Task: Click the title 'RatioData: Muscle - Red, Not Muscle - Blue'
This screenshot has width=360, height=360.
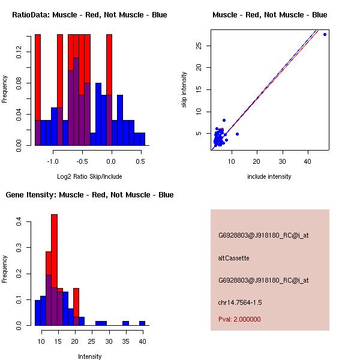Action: tap(89, 14)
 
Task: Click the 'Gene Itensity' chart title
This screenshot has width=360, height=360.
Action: tap(89, 195)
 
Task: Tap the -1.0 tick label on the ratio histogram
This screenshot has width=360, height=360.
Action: tap(53, 162)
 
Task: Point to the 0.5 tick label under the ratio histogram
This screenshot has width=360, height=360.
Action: tap(140, 162)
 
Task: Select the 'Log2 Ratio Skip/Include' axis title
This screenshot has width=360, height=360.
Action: tap(89, 176)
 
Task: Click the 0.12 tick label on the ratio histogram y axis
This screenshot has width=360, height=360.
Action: tap(20, 53)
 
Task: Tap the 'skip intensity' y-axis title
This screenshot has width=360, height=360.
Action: tap(184, 90)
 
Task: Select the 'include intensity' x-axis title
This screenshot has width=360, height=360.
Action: tap(269, 176)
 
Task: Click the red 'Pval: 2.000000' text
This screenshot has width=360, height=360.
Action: tap(239, 319)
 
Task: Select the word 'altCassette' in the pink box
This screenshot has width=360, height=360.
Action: tap(233, 258)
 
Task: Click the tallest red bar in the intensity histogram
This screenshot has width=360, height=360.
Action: tap(54, 240)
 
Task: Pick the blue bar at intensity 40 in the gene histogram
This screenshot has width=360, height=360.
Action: tap(142, 323)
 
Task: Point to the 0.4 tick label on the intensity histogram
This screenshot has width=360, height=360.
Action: tap(20, 222)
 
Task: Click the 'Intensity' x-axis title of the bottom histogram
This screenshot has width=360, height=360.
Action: tap(90, 356)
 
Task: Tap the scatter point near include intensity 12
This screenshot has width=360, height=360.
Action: tap(238, 134)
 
